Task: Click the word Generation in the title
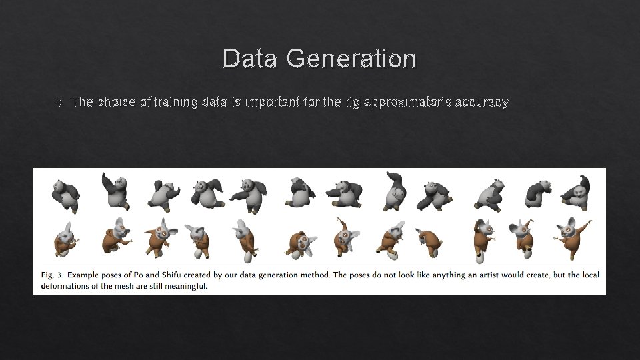(351, 59)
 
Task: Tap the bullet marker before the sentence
(59, 103)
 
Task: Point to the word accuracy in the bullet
(482, 103)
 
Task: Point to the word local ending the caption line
(589, 275)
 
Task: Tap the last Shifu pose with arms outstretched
(573, 237)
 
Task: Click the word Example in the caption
(87, 275)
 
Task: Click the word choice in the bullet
(113, 103)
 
